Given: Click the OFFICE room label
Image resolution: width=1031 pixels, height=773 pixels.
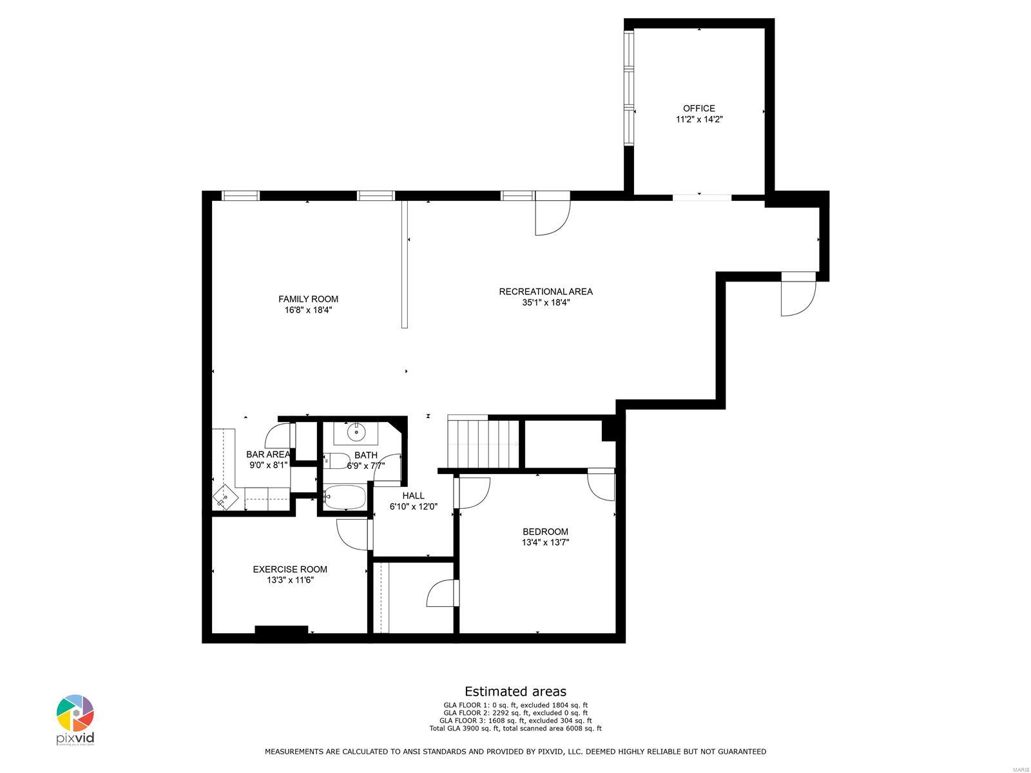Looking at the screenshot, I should click(x=699, y=108).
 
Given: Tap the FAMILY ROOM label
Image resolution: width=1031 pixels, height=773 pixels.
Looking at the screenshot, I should click(x=308, y=299).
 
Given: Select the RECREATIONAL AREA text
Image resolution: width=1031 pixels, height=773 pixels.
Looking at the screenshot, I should click(x=545, y=292).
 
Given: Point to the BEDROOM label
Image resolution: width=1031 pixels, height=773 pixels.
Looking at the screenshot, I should click(x=545, y=531).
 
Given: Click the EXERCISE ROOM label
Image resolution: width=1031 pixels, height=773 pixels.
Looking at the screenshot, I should click(x=289, y=569).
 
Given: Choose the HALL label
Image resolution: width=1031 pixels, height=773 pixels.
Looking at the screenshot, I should click(x=413, y=495).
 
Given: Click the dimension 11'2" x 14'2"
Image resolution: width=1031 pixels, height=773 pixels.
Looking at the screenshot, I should click(x=699, y=119).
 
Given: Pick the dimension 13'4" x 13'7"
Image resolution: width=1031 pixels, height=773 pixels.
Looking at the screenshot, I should click(x=545, y=542).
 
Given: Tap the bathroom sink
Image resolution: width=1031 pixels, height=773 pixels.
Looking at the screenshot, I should click(x=355, y=433).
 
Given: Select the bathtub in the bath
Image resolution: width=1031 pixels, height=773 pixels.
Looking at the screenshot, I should click(x=343, y=497).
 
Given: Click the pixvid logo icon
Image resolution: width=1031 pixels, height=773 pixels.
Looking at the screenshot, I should click(x=75, y=714).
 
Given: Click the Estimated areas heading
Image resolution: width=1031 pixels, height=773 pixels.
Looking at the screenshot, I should click(x=515, y=691).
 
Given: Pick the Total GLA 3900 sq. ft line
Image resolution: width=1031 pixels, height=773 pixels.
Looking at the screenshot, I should click(x=515, y=729).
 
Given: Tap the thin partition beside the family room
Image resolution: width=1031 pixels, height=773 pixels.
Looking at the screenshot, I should click(x=404, y=264).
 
